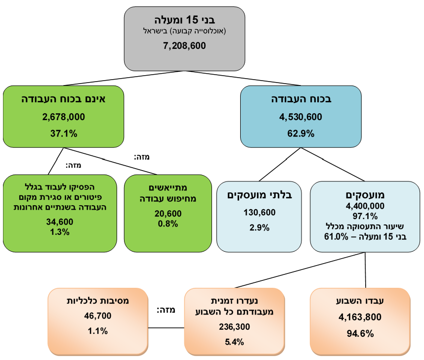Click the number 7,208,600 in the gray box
tap(184, 45)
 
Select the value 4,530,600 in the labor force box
tap(301, 117)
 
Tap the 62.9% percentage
tap(301, 133)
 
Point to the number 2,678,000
tap(64, 117)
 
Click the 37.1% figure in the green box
tap(64, 133)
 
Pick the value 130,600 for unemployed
tap(259, 213)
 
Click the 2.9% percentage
tap(259, 228)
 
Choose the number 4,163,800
tap(360, 317)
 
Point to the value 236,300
tap(234, 326)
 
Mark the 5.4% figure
tap(234, 342)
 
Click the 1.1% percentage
tap(98, 331)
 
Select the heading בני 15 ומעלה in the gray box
tap(184, 21)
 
